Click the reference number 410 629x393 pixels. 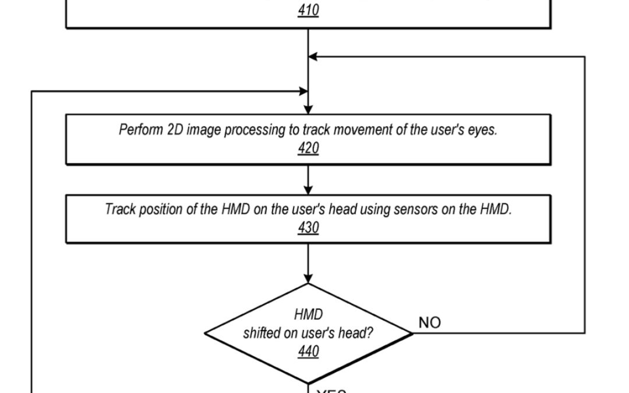click(x=308, y=10)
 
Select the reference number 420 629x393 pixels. click(x=308, y=148)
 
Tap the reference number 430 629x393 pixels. click(x=308, y=228)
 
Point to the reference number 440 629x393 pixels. click(x=308, y=352)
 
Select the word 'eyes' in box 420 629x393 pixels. click(x=483, y=130)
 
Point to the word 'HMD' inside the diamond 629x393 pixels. click(x=308, y=315)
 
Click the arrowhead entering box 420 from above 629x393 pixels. click(x=308, y=109)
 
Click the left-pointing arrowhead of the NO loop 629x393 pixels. click(x=313, y=56)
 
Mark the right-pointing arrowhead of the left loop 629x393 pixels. click(x=303, y=91)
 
